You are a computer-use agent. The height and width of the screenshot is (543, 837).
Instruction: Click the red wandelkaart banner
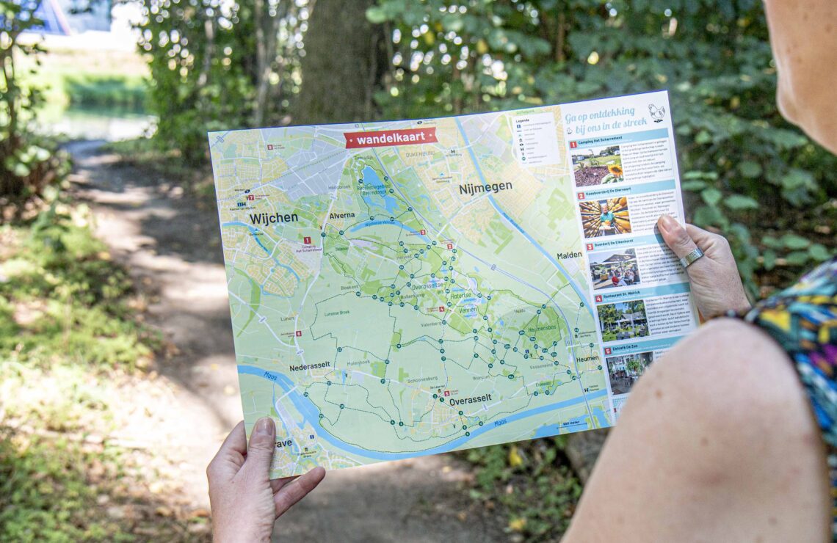[390, 137]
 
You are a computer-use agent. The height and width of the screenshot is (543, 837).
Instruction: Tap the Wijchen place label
[273, 218]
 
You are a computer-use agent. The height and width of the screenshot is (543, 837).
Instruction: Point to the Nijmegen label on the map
[485, 188]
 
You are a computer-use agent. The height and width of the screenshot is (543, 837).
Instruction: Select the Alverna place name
[342, 216]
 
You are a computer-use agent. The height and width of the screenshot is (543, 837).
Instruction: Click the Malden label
[569, 255]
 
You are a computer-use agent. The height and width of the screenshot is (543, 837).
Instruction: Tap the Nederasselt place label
[310, 365]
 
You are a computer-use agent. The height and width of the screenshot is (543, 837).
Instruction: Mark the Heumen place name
[587, 359]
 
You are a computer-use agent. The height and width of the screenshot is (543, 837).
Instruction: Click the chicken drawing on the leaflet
[656, 112]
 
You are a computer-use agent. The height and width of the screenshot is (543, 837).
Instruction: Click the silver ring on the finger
[691, 257]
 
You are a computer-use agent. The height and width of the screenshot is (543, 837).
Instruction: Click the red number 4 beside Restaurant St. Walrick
[598, 299]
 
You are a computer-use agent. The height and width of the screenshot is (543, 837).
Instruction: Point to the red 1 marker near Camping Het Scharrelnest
[307, 240]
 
